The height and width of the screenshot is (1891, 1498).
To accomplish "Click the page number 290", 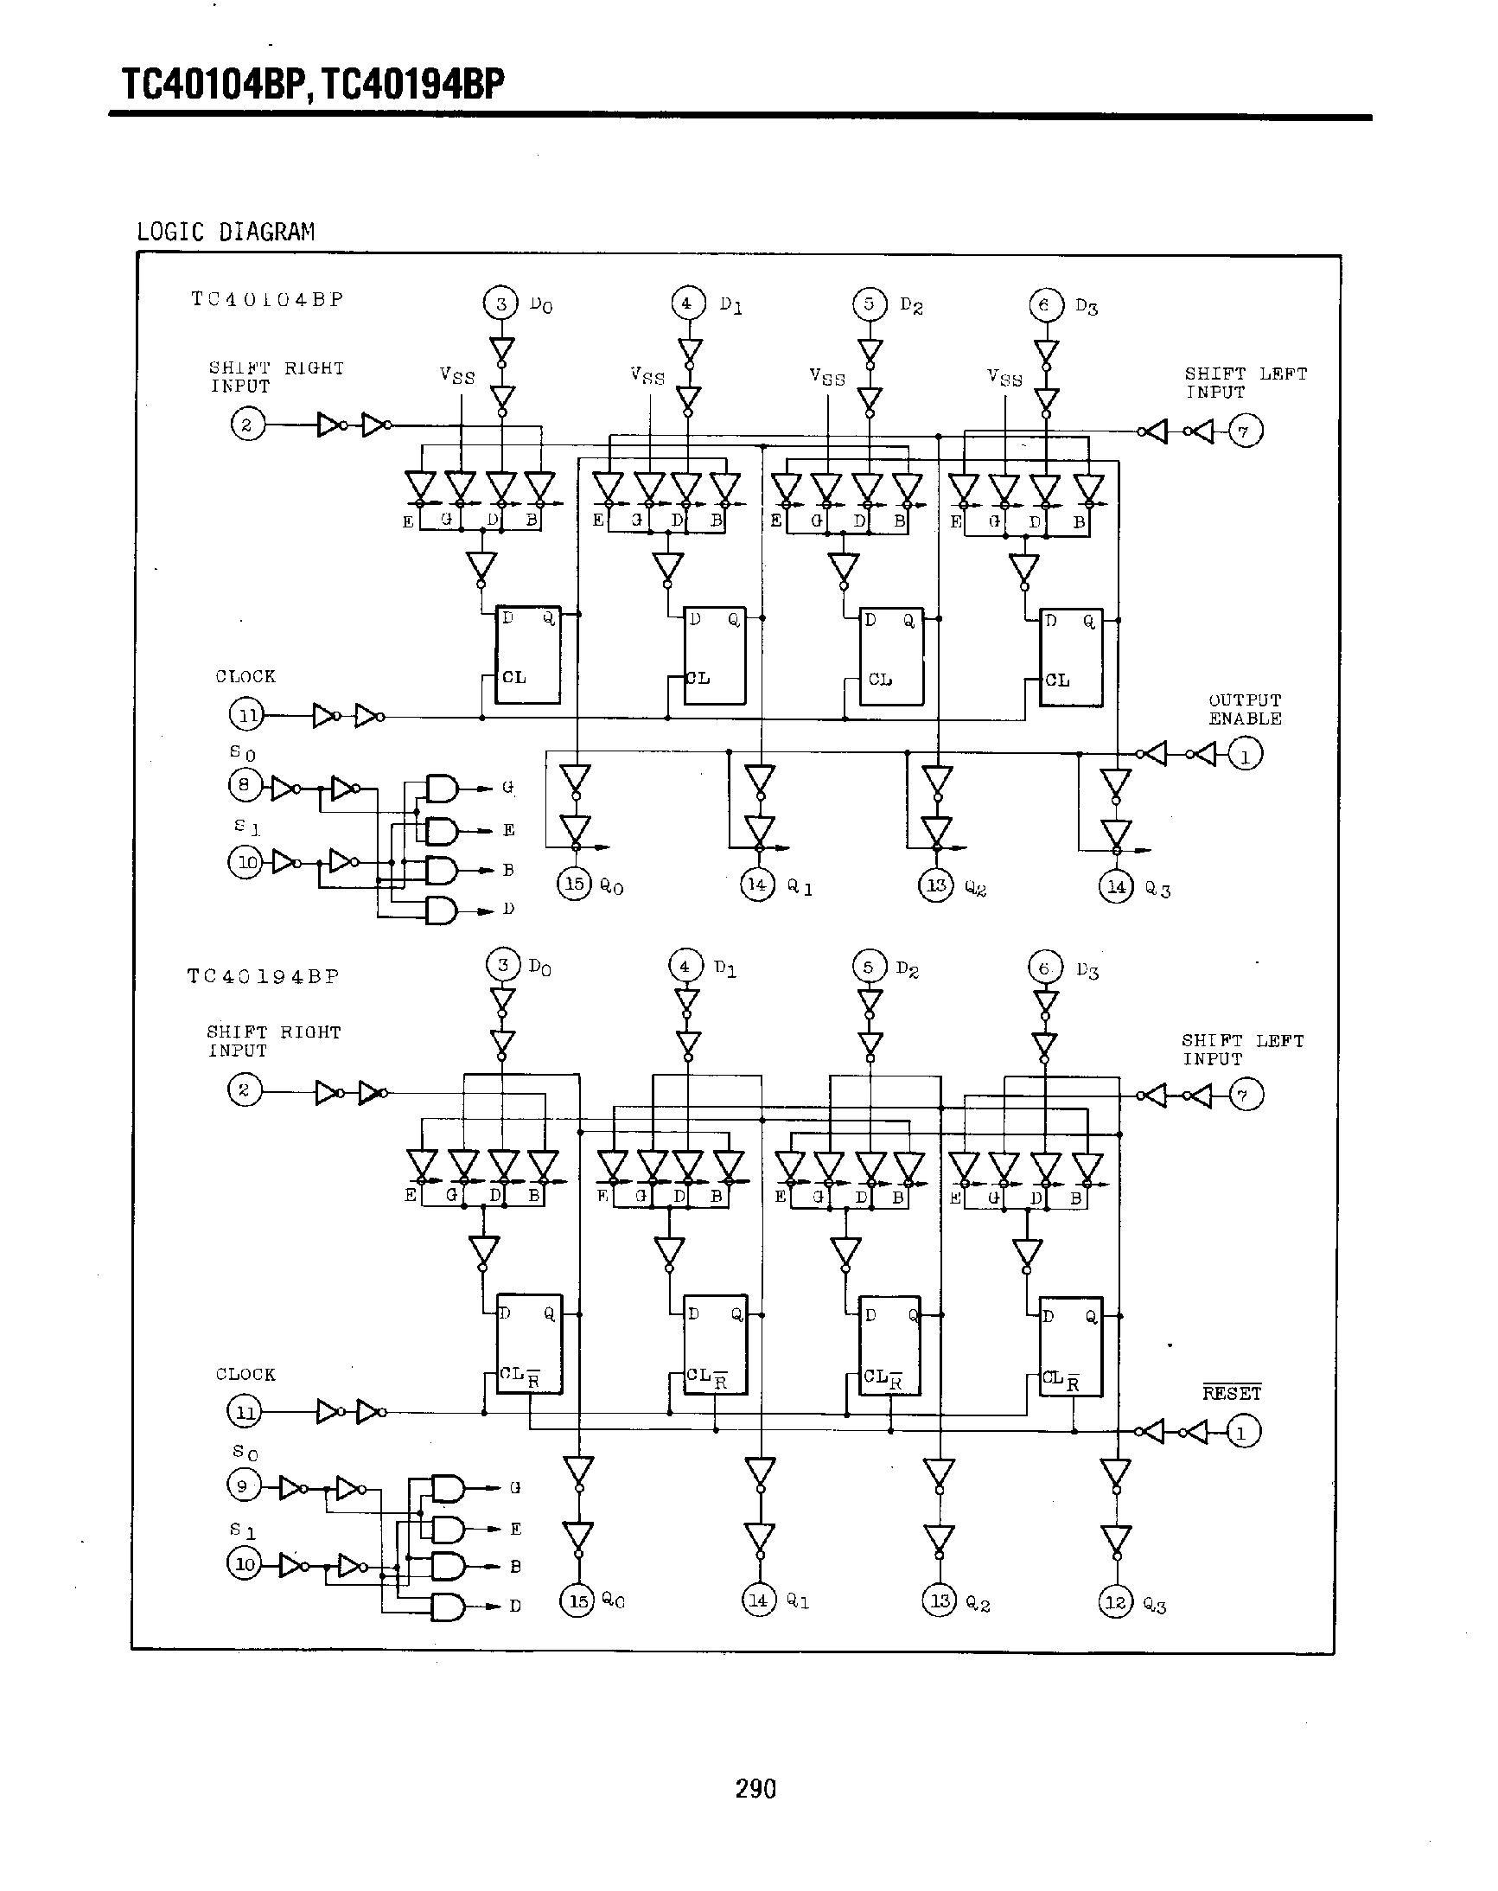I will [755, 1788].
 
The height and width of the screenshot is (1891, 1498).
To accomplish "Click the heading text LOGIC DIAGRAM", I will [226, 232].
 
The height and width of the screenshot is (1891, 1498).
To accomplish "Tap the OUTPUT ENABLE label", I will [1245, 710].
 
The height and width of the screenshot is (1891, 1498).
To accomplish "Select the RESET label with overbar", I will [1232, 1393].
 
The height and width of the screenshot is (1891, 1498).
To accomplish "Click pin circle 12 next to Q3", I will [1115, 1602].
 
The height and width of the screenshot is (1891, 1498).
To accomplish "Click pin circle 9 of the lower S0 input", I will [243, 1485].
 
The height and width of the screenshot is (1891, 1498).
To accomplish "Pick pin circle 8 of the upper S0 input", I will [245, 785].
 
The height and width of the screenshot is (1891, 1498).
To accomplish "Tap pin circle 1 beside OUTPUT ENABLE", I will [1246, 753].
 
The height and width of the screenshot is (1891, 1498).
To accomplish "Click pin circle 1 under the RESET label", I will [1241, 1432].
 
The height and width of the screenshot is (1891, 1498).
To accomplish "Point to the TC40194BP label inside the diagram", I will [263, 976].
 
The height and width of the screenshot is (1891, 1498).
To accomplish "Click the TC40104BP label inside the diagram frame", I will [267, 299].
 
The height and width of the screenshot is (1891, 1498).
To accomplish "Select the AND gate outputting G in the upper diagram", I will [442, 789].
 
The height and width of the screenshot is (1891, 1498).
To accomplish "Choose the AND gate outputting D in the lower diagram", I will [448, 1607].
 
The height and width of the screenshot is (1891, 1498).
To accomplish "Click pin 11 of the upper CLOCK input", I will [246, 715].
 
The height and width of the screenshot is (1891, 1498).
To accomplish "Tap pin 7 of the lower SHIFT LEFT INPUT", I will [1246, 1095].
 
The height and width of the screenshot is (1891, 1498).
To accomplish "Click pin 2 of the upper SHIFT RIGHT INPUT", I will [246, 425].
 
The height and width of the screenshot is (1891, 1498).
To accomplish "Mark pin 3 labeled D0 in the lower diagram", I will [502, 965].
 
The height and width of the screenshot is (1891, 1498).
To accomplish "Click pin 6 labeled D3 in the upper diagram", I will [1044, 304].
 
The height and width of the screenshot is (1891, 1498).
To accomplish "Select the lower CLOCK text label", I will [245, 1375].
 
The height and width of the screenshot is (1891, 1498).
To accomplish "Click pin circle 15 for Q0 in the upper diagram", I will [574, 883].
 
